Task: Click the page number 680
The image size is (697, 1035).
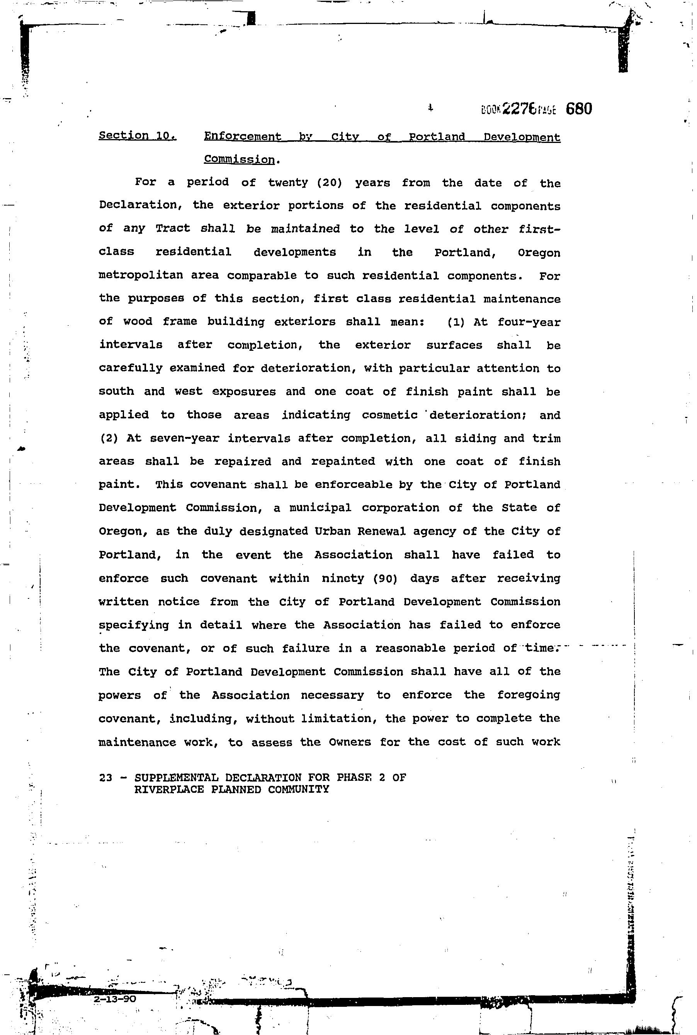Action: tap(579, 109)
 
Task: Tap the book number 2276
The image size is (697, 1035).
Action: tap(518, 109)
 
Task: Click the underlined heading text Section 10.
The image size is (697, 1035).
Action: tap(138, 135)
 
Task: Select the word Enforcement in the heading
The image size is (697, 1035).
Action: tap(242, 136)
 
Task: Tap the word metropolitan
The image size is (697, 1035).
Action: tap(141, 275)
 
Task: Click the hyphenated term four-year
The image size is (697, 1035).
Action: tap(529, 322)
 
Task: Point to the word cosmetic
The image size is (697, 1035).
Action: tap(389, 415)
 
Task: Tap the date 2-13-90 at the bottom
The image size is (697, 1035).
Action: tap(115, 999)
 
